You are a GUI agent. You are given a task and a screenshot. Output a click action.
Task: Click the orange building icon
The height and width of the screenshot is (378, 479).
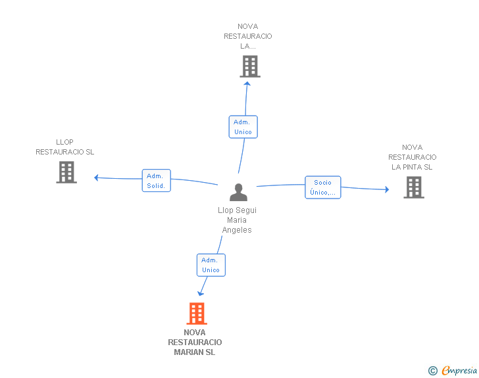(x=197, y=314)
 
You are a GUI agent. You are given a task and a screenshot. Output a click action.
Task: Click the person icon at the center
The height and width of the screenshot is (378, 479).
(x=238, y=192)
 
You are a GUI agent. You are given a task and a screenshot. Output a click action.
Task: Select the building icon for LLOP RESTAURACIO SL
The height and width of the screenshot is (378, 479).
(x=66, y=172)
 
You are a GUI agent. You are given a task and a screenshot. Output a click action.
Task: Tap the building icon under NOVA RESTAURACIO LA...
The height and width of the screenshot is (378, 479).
(x=250, y=66)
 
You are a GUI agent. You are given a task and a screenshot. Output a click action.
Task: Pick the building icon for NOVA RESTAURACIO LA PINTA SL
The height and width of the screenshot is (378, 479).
(x=414, y=187)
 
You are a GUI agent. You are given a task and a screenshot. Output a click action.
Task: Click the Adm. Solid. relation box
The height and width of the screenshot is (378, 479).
(x=157, y=180)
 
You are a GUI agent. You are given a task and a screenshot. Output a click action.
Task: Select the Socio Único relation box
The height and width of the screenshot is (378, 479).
(x=323, y=187)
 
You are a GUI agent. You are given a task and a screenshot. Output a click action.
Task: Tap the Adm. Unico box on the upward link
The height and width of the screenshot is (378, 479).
(x=243, y=127)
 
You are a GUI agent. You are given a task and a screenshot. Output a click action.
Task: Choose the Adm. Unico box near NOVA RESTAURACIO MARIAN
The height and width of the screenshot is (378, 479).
(x=211, y=265)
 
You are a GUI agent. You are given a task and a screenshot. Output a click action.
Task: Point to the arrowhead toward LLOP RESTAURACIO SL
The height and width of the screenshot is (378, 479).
(x=96, y=177)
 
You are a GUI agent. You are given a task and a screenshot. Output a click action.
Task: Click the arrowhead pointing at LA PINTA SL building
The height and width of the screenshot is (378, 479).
(x=387, y=189)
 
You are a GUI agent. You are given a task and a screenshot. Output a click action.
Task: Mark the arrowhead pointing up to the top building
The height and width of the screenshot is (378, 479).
(x=247, y=83)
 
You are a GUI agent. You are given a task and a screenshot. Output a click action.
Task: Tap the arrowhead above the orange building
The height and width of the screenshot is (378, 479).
(x=201, y=294)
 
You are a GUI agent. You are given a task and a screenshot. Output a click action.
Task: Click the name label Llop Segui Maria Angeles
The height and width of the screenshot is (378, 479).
(x=237, y=220)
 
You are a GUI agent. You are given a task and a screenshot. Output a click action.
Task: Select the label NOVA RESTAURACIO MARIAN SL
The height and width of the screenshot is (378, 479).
(x=195, y=343)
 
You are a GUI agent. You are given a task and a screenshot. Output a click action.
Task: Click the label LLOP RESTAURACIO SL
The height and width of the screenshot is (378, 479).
(x=64, y=147)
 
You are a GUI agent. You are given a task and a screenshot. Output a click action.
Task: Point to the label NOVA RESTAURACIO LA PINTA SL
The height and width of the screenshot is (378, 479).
(x=412, y=157)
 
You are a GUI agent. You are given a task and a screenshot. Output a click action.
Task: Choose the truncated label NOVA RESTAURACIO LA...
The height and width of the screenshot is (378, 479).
(x=248, y=36)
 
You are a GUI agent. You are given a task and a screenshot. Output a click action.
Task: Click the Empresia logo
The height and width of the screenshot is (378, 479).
(x=459, y=370)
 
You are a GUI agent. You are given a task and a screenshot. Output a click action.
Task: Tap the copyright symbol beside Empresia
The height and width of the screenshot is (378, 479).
(x=433, y=371)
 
